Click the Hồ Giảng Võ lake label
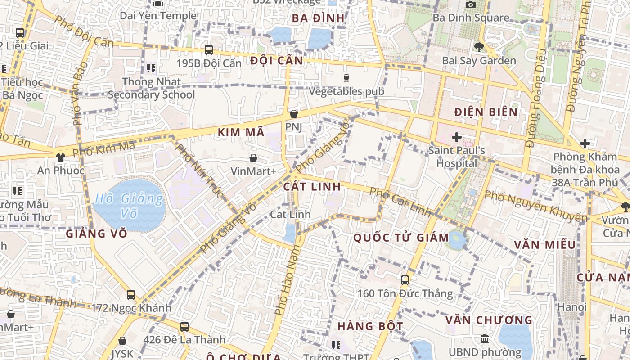(x=129, y=205)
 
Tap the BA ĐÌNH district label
(x=318, y=18)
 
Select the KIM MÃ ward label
(x=241, y=132)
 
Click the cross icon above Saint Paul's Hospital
(x=457, y=137)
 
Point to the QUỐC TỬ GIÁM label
(x=401, y=238)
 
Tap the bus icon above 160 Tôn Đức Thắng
(x=405, y=280)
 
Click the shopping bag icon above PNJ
(x=294, y=114)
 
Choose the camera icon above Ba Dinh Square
(x=471, y=4)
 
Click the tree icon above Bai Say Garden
(x=479, y=47)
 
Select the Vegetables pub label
(x=346, y=91)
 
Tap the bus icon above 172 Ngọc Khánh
(x=131, y=295)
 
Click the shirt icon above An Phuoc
(x=60, y=157)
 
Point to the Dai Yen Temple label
(x=158, y=16)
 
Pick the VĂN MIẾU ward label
(x=545, y=245)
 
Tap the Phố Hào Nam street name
(x=287, y=279)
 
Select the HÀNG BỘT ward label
(x=370, y=326)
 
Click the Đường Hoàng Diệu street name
(x=535, y=98)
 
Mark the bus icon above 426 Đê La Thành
(x=184, y=327)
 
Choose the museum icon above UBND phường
(x=485, y=339)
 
